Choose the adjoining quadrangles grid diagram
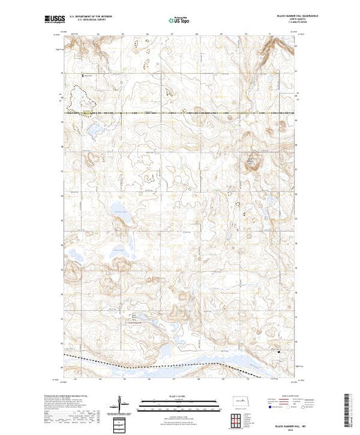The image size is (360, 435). click(x=238, y=420)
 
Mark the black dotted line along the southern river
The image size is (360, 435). click(x=138, y=361)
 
